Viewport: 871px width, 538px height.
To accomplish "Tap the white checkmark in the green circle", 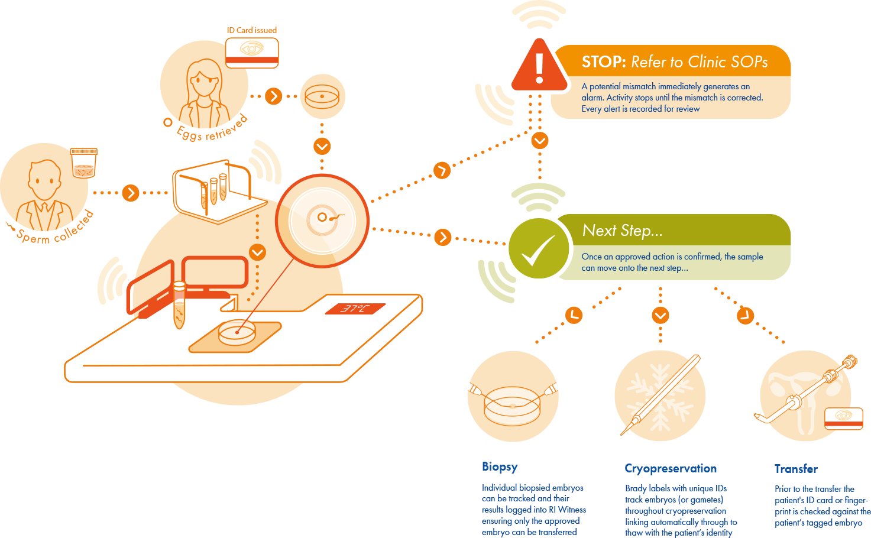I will click(x=537, y=250).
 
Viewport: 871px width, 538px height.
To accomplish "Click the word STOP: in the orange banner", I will click(x=603, y=62).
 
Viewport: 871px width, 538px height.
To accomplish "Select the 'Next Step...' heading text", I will click(x=622, y=231).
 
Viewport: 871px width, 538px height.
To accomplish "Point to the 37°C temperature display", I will click(x=354, y=309).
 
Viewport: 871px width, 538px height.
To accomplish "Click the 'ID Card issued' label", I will click(x=252, y=30).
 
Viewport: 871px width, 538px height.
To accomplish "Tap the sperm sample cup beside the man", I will click(x=83, y=163).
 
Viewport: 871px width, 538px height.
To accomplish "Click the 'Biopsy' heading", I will click(x=500, y=466).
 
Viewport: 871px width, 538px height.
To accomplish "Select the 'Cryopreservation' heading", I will click(x=671, y=468).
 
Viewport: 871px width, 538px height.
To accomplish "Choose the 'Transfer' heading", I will click(x=796, y=469).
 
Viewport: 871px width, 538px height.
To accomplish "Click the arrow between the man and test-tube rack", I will click(x=131, y=193).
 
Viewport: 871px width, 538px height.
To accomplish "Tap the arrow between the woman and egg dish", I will click(x=273, y=96).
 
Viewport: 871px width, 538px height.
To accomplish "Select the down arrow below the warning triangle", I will click(x=539, y=141).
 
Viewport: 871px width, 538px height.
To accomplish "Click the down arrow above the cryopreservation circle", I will click(x=660, y=315).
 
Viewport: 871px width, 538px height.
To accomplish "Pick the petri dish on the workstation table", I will click(x=237, y=333).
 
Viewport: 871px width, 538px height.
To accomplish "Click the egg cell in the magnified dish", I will click(x=322, y=218).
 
